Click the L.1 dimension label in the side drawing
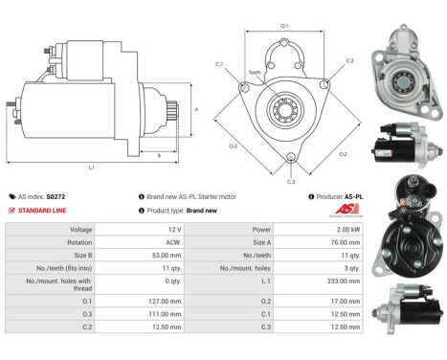click(x=92, y=168)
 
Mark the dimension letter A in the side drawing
click(x=196, y=110)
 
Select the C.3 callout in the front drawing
click(x=290, y=179)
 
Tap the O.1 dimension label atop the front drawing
click(x=284, y=26)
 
